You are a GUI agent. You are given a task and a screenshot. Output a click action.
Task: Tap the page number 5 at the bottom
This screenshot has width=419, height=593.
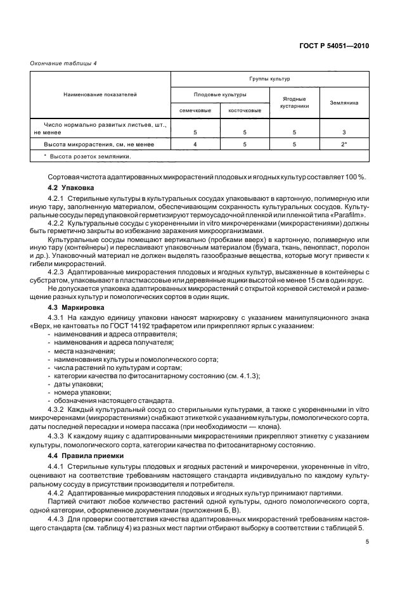pos(368,541)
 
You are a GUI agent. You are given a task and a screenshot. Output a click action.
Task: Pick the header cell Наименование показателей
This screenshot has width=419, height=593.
pos(100,94)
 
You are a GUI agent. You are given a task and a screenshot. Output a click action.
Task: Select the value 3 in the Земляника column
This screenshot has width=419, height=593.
pos(344,132)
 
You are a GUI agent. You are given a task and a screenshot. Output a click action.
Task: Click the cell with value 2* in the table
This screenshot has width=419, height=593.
pos(344,144)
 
